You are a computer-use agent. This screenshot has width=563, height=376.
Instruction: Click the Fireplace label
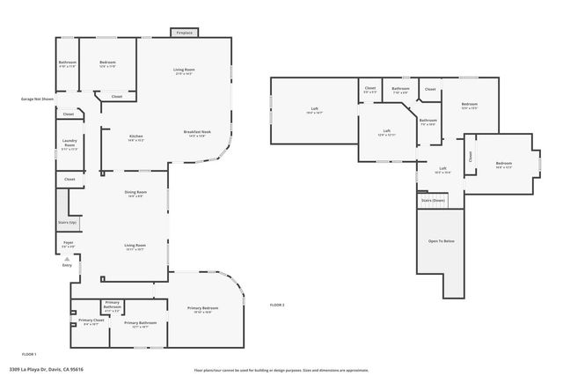tap(184, 33)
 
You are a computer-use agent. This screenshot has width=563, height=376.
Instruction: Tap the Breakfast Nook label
tap(196, 133)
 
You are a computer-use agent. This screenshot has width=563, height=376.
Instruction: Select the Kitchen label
tap(136, 136)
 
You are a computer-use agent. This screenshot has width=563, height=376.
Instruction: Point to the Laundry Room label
tap(69, 144)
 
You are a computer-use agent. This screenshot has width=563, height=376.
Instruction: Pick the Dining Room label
tap(135, 193)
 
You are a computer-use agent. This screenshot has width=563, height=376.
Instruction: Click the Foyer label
tap(68, 244)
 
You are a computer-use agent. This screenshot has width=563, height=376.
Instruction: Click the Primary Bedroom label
tap(202, 309)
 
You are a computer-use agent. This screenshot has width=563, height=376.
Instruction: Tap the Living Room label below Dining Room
tap(135, 247)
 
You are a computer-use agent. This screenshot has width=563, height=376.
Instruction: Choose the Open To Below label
tap(441, 240)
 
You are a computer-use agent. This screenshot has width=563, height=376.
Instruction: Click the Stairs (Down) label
tap(433, 201)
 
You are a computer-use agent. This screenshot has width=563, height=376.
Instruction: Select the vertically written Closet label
tap(471, 156)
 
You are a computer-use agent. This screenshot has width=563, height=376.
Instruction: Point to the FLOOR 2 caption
tap(277, 305)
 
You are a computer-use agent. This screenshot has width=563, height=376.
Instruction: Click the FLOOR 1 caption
tap(28, 353)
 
